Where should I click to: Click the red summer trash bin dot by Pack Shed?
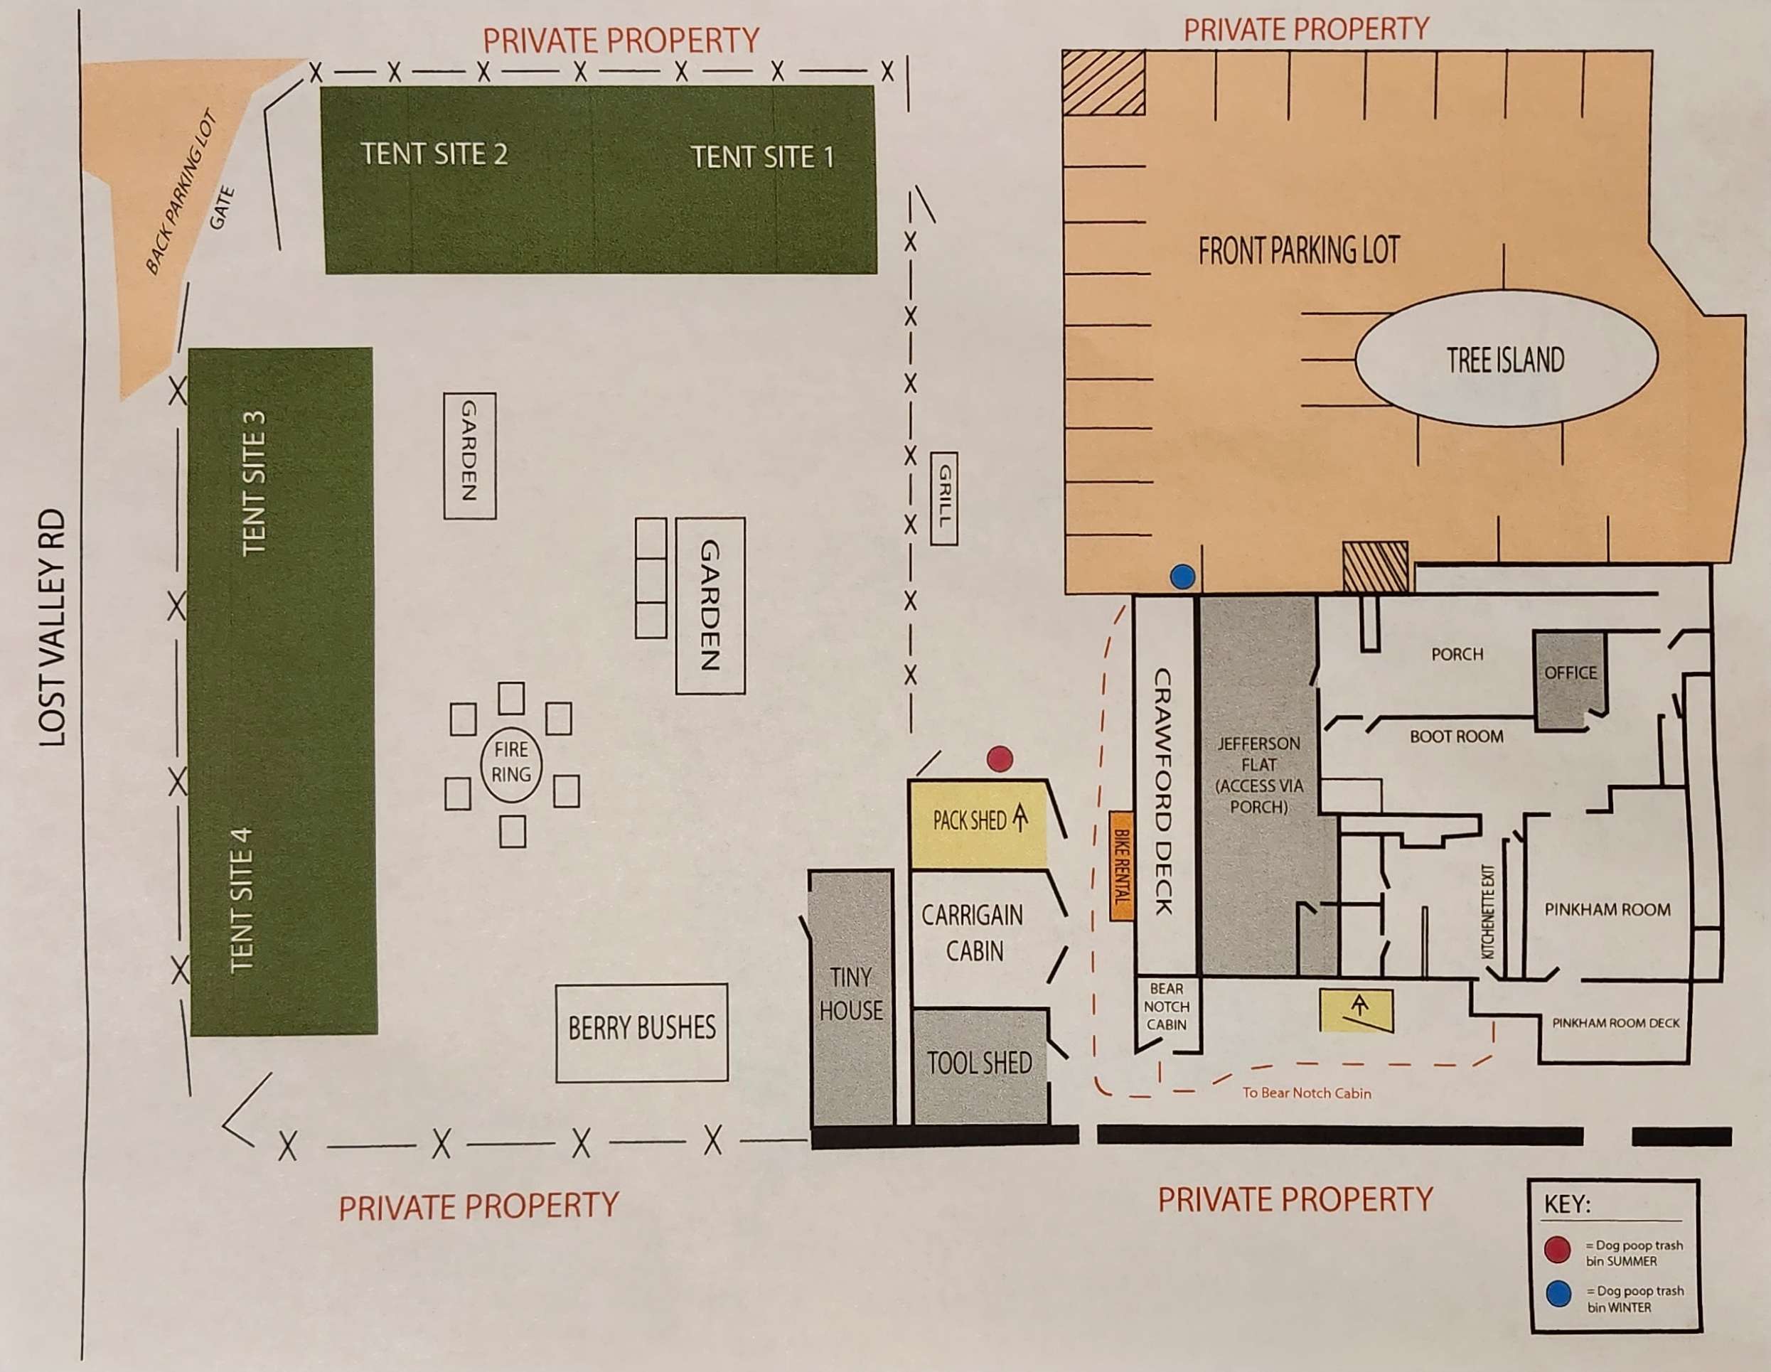pyautogui.click(x=1000, y=759)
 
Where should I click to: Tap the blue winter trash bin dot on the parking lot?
pyautogui.click(x=1183, y=577)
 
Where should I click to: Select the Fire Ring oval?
pyautogui.click(x=511, y=762)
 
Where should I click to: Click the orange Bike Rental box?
pyautogui.click(x=1120, y=865)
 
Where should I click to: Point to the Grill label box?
pyautogui.click(x=944, y=498)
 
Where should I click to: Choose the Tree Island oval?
pyautogui.click(x=1506, y=358)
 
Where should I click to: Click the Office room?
pyautogui.click(x=1569, y=677)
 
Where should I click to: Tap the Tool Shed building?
pyautogui.click(x=980, y=1065)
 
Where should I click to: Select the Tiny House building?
pyautogui.click(x=850, y=996)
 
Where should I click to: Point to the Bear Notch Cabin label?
pyautogui.click(x=1166, y=1007)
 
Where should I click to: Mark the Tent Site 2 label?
pyautogui.click(x=434, y=154)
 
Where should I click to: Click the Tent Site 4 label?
pyautogui.click(x=242, y=899)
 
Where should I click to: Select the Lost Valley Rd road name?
pyautogui.click(x=52, y=628)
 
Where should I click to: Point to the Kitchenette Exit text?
pyautogui.click(x=1488, y=911)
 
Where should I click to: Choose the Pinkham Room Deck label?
pyautogui.click(x=1615, y=1024)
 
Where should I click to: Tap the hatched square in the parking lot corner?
pyautogui.click(x=1103, y=82)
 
